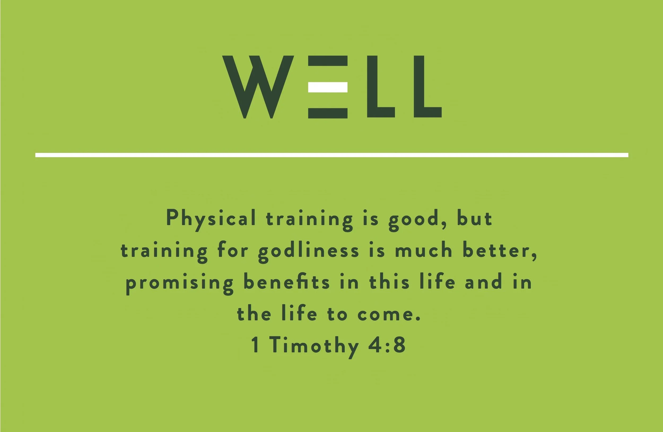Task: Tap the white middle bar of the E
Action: [328, 87]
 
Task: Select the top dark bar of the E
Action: [328, 61]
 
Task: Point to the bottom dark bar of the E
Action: [328, 113]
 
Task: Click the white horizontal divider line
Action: [331, 155]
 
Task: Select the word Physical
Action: [211, 218]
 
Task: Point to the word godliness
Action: [309, 251]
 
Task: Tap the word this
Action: [389, 282]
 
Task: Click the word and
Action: [483, 282]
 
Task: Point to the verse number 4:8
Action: [387, 345]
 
